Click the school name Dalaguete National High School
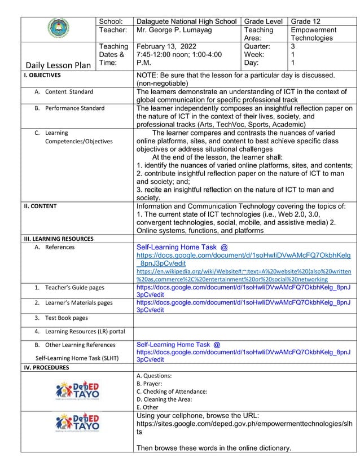click(x=187, y=21)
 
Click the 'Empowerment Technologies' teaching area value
click(x=313, y=34)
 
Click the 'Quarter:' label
click(x=257, y=47)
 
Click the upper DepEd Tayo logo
click(x=78, y=390)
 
